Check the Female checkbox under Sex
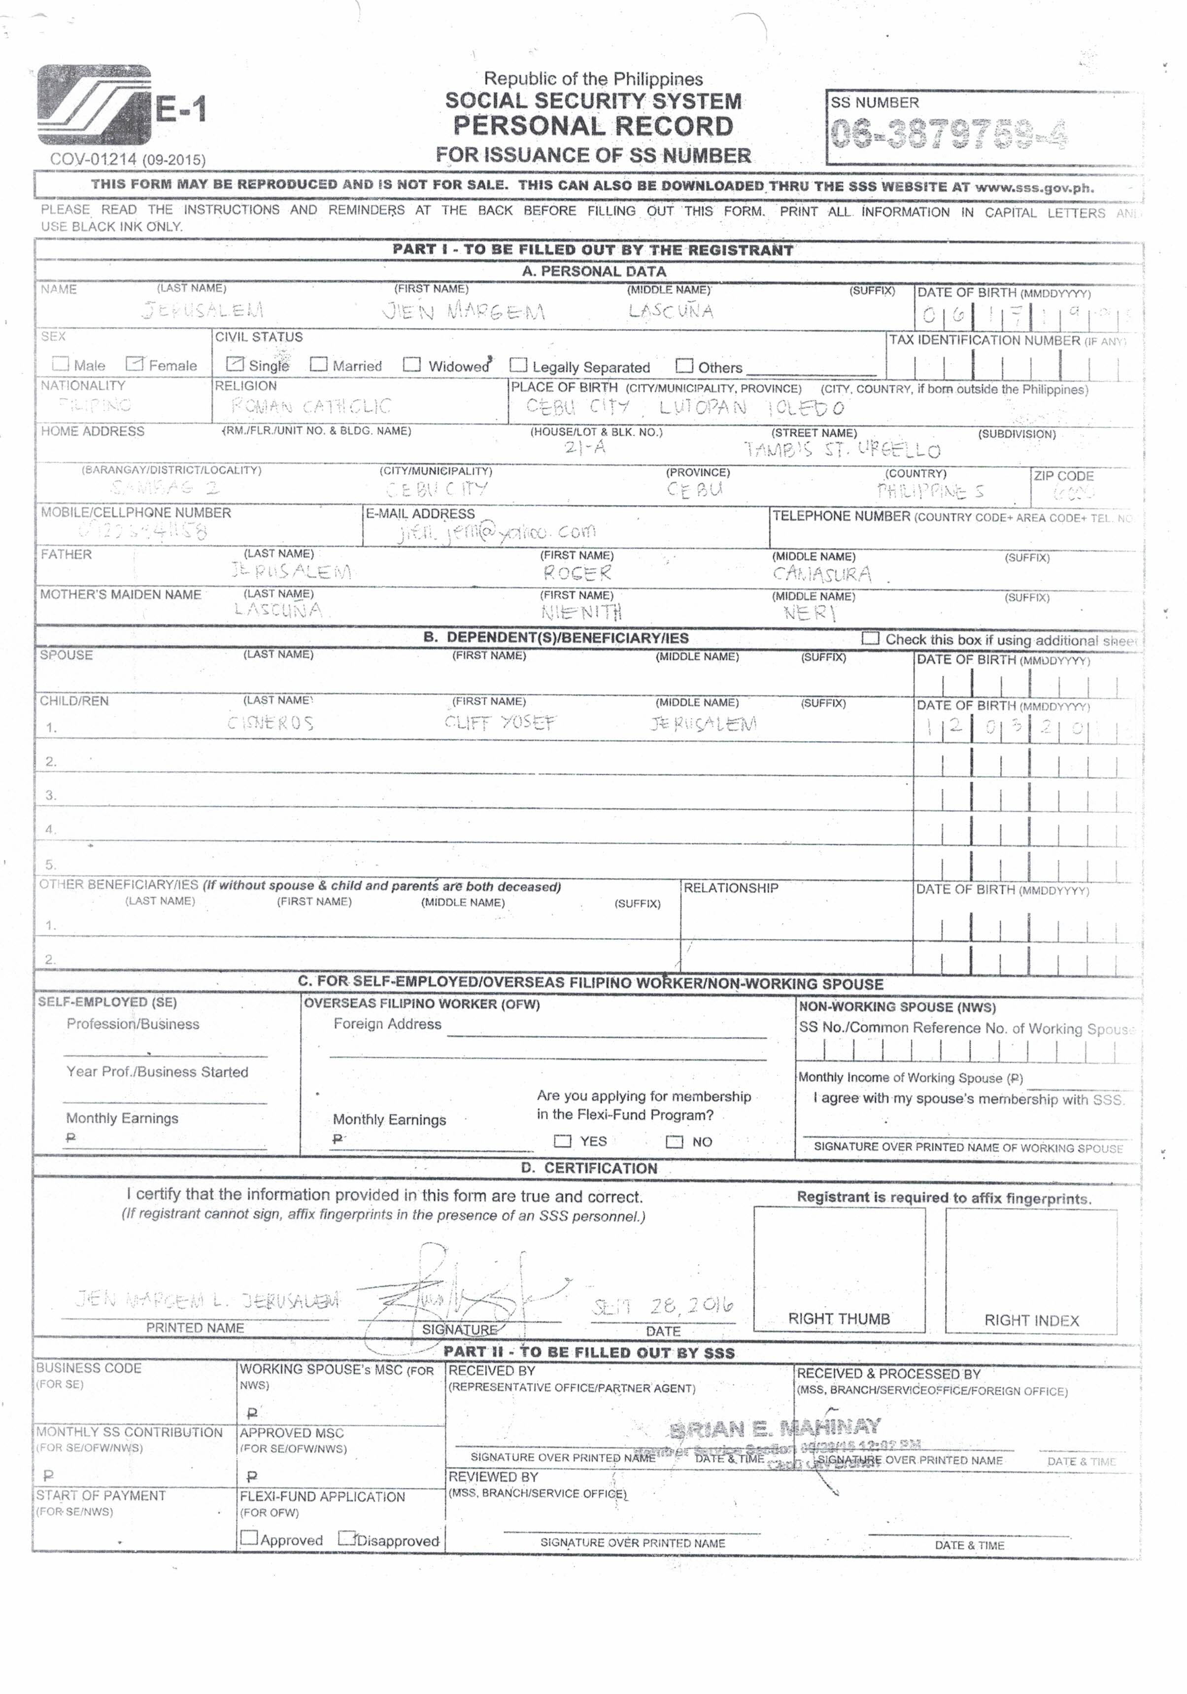[134, 364]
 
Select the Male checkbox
[61, 364]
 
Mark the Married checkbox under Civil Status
[319, 364]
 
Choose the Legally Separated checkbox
[519, 365]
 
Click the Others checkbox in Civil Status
[684, 365]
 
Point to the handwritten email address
[496, 531]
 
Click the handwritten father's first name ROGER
[577, 573]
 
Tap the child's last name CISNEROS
[270, 723]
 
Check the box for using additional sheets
[871, 638]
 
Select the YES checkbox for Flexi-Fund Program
[562, 1141]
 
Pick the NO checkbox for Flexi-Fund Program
[674, 1142]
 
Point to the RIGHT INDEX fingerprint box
[1031, 1269]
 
